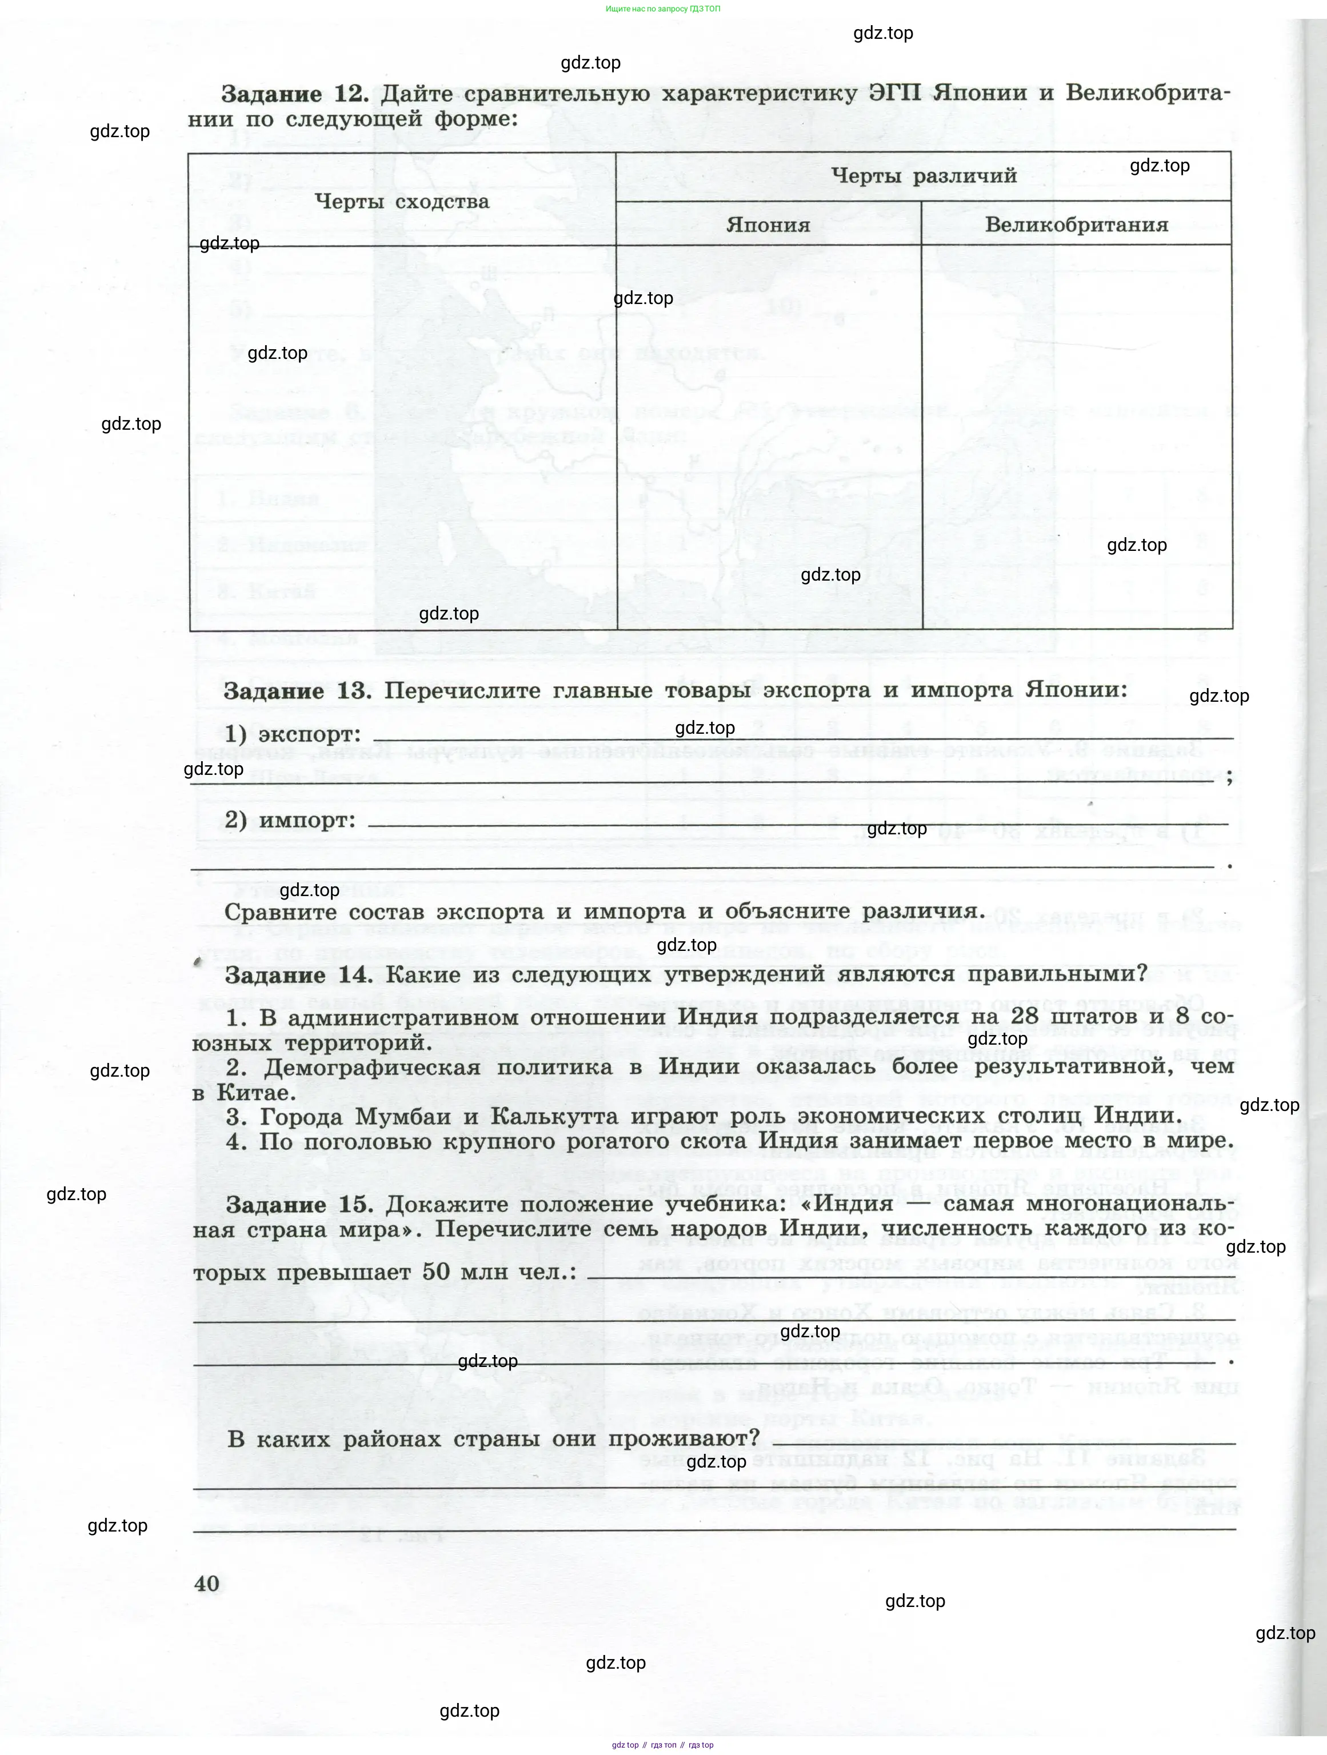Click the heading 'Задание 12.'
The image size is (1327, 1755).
pyautogui.click(x=295, y=94)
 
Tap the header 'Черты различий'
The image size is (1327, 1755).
pyautogui.click(x=924, y=176)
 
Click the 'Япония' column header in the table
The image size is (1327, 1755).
pyautogui.click(x=768, y=225)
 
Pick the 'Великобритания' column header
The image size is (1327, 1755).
pyautogui.click(x=1076, y=225)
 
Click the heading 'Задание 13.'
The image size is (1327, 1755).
pyautogui.click(x=297, y=691)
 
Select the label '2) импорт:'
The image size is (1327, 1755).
pyautogui.click(x=290, y=821)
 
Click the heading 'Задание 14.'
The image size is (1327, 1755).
pyautogui.click(x=299, y=974)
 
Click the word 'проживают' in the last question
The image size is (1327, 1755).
pyautogui.click(x=677, y=1438)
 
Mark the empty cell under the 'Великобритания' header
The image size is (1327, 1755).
pyautogui.click(x=1076, y=437)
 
